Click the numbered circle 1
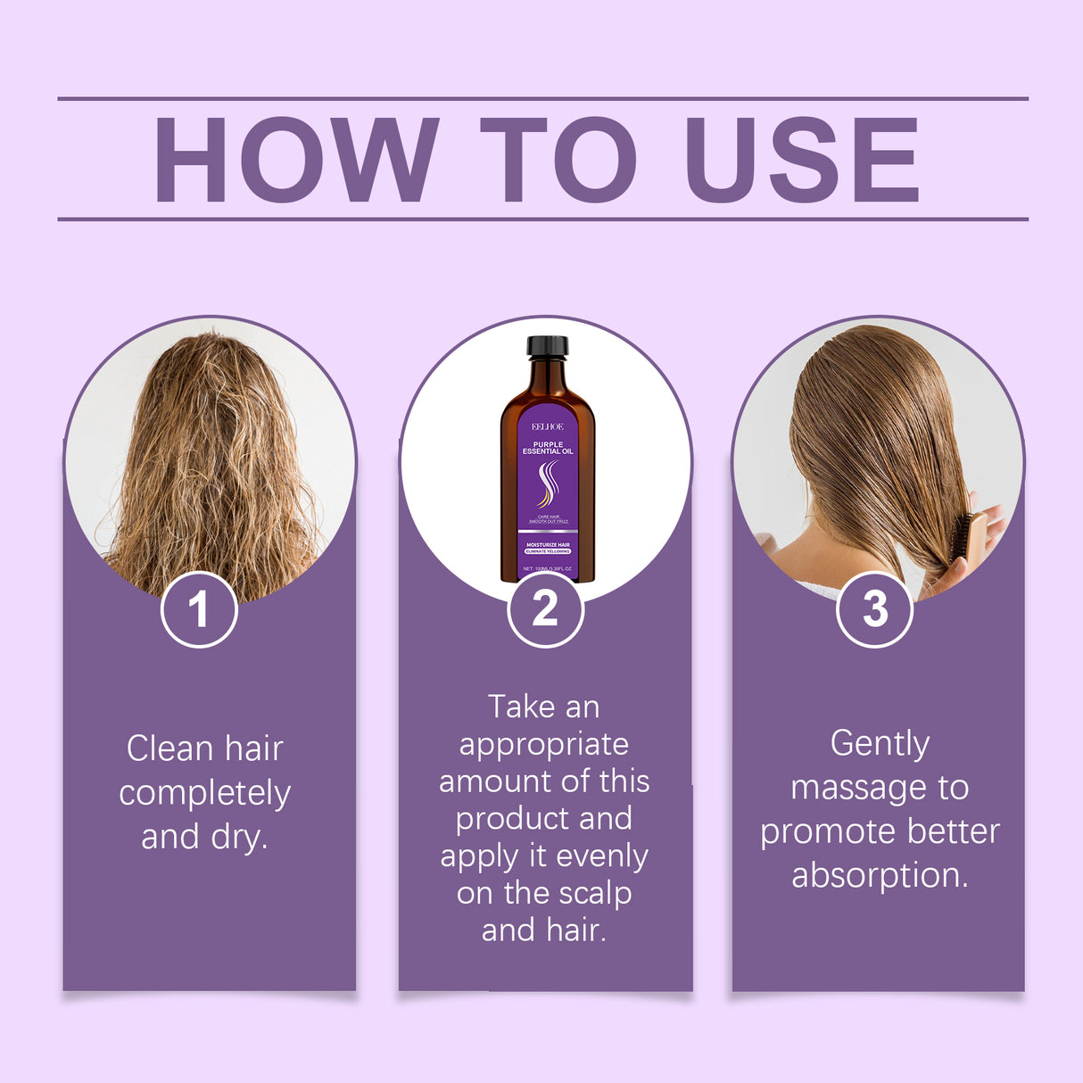(x=199, y=609)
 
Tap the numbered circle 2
(x=545, y=609)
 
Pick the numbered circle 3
(x=875, y=609)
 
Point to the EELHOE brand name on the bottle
(x=547, y=426)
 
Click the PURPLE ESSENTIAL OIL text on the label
(x=548, y=448)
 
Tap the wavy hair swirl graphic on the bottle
(x=547, y=484)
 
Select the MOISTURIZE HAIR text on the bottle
(x=548, y=544)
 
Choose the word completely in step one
(x=205, y=793)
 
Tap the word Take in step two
(x=521, y=707)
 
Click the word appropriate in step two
(x=544, y=745)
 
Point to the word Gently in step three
(x=880, y=743)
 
